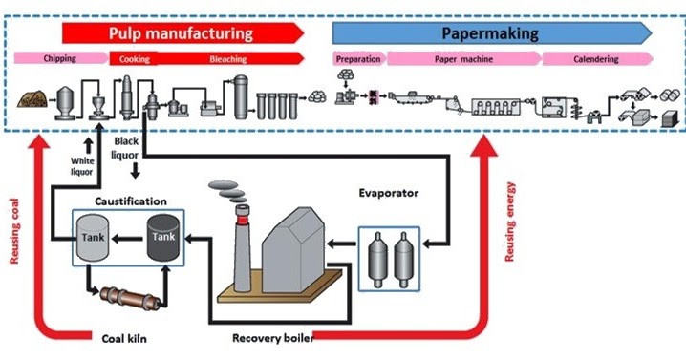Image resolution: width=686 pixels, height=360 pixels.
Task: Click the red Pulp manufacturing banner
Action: tap(182, 33)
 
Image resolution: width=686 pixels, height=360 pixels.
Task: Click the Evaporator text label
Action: tap(392, 189)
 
